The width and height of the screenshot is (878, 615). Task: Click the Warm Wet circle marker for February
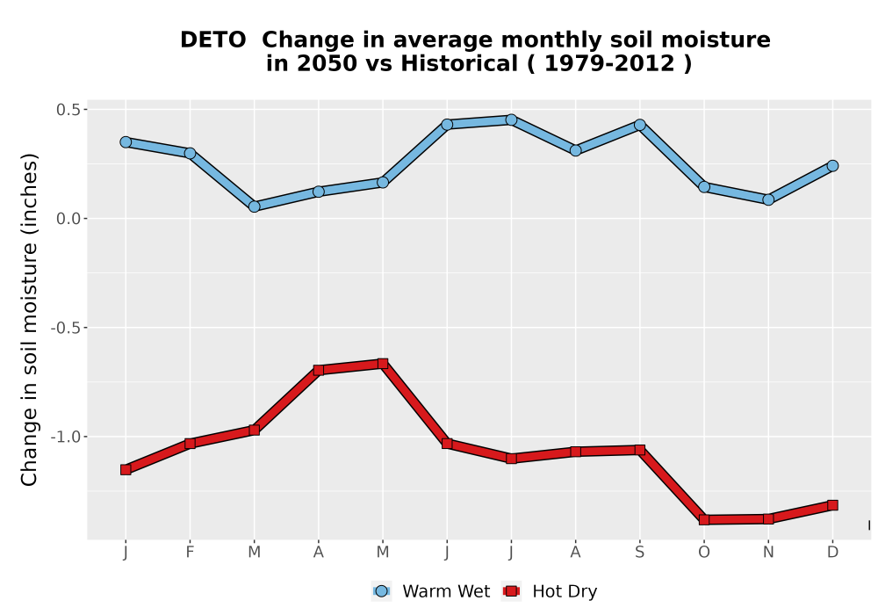190,153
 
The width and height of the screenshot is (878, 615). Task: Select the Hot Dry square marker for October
704,520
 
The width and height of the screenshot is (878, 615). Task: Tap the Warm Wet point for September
639,125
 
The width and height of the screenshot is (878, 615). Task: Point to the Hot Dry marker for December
832,505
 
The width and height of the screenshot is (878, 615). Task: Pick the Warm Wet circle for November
768,199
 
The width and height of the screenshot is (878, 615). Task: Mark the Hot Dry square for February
190,443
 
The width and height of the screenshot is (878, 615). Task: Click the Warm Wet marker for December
832,166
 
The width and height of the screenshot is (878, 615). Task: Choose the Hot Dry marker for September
639,450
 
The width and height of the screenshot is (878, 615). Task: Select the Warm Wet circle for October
704,187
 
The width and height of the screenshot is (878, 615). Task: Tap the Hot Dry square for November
768,519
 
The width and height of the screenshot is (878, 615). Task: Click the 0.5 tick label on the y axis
68,110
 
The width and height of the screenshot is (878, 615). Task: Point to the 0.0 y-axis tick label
68,219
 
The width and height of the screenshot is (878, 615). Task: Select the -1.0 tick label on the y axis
65,437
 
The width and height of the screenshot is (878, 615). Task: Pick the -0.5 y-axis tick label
65,328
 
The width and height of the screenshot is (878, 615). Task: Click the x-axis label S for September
639,553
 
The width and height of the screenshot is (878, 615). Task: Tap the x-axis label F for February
190,553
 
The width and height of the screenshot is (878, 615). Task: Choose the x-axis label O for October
704,553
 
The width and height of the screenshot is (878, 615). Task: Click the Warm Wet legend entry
430,591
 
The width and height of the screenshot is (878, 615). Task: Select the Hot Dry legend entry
550,591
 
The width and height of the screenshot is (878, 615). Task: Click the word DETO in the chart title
212,40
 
